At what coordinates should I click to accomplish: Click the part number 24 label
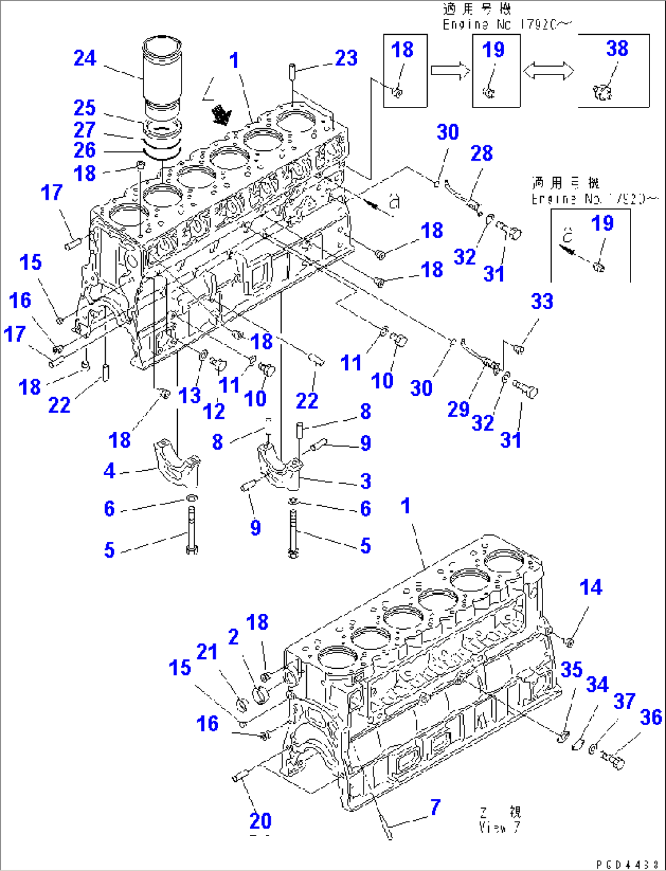(85, 58)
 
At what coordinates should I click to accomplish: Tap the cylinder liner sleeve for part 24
(162, 73)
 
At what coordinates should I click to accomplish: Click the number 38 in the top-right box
(617, 48)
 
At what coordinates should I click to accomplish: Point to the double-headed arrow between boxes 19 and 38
(549, 71)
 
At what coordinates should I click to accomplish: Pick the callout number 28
(481, 153)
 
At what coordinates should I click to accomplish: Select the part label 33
(542, 301)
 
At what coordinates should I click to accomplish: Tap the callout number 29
(458, 409)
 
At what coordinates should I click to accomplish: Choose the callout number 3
(365, 481)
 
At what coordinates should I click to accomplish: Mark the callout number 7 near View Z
(435, 807)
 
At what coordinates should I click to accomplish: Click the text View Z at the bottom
(500, 820)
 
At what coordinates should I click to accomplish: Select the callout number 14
(591, 588)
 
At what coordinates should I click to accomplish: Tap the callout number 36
(651, 717)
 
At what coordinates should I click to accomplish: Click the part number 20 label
(260, 821)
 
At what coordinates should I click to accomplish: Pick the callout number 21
(207, 652)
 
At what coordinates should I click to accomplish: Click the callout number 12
(214, 411)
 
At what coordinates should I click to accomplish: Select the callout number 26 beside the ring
(85, 150)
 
